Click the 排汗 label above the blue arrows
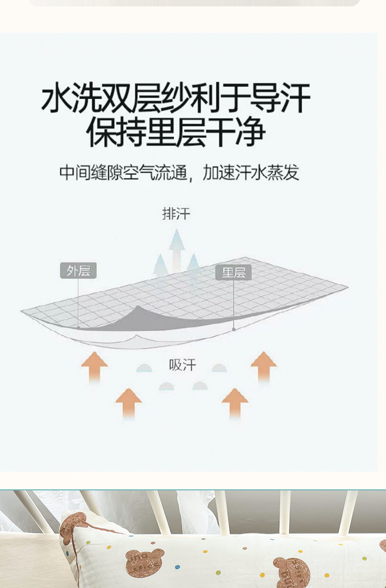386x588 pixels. (x=176, y=214)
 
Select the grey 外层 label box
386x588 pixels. (x=78, y=271)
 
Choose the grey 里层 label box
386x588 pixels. (x=234, y=273)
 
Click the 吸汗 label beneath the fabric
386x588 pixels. (x=182, y=365)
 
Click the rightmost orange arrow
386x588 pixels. (x=263, y=365)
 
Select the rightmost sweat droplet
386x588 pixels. (x=219, y=368)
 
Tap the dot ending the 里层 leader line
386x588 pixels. (x=234, y=330)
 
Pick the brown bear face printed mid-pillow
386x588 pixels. (x=144, y=562)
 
